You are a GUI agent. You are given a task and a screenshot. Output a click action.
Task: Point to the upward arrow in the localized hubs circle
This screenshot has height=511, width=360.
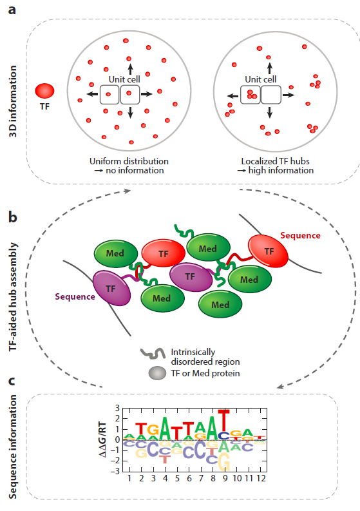(269, 64)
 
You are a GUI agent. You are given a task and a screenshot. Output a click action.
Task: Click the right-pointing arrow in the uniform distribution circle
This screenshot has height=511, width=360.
(147, 95)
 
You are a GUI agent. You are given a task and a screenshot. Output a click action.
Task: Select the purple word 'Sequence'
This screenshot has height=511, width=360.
(75, 296)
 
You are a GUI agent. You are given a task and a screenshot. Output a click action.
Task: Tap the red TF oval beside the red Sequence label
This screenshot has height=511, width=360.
(270, 253)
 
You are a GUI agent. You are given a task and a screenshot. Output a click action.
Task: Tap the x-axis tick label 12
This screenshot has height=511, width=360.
(262, 480)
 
